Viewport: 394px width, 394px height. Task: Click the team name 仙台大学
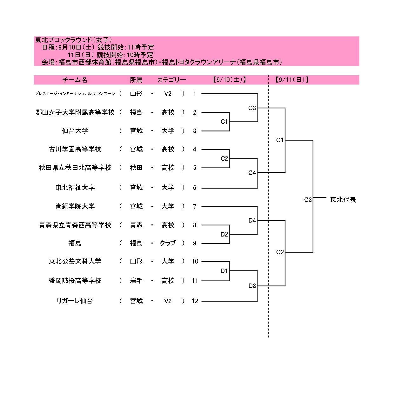click(x=75, y=131)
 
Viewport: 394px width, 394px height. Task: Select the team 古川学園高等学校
click(x=75, y=149)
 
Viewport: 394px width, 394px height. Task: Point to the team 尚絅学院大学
click(x=75, y=206)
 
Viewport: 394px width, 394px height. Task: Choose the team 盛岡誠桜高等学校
click(x=75, y=281)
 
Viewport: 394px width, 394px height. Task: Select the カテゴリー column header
click(x=171, y=80)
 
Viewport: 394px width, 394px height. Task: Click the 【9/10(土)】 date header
click(x=230, y=80)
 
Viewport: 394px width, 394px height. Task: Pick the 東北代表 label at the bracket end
click(x=343, y=200)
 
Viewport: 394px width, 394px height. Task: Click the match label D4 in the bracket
click(x=252, y=220)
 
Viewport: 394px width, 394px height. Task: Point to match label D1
click(x=224, y=271)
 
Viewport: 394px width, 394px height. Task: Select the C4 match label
click(x=252, y=173)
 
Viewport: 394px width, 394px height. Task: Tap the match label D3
click(x=252, y=286)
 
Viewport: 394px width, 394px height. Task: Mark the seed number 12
click(x=195, y=301)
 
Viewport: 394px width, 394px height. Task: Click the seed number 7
click(x=195, y=206)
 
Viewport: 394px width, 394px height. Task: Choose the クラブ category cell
click(x=168, y=243)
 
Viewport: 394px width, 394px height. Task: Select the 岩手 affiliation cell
click(x=136, y=281)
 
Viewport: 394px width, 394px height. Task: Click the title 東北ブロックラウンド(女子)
click(x=74, y=40)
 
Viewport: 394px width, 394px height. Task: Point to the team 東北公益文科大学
click(x=75, y=261)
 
